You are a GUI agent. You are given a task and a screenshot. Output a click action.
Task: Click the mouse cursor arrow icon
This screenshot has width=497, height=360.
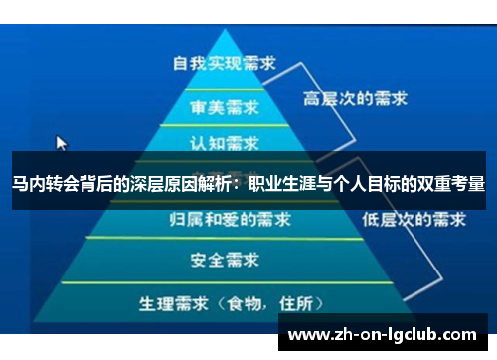coord(62,143)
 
